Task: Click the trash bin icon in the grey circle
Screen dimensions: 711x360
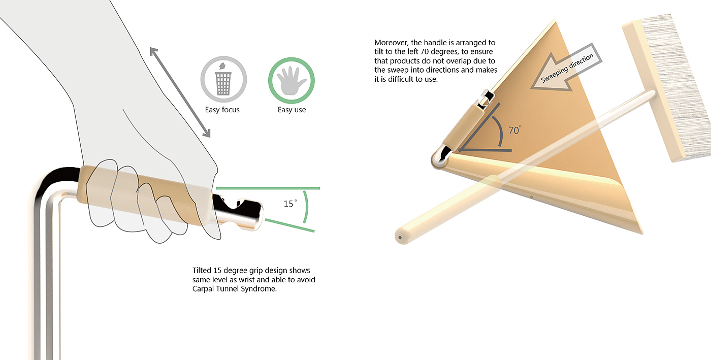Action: [223, 79]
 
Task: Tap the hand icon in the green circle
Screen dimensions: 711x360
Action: [292, 81]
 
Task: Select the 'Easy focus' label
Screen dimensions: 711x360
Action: [222, 110]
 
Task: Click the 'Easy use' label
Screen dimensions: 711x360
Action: [292, 110]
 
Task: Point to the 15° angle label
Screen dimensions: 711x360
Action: [290, 204]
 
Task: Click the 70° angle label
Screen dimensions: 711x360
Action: [515, 130]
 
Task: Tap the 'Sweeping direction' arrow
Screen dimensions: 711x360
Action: [566, 68]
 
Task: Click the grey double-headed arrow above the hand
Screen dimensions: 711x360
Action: [180, 92]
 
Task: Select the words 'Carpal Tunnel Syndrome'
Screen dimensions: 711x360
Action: [234, 289]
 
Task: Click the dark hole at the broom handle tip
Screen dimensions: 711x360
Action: [400, 238]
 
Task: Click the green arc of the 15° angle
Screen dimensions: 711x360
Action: [307, 206]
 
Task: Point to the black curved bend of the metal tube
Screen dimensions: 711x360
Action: [57, 179]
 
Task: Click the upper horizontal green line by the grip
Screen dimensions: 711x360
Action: [268, 188]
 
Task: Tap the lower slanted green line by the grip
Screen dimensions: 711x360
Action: [289, 225]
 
